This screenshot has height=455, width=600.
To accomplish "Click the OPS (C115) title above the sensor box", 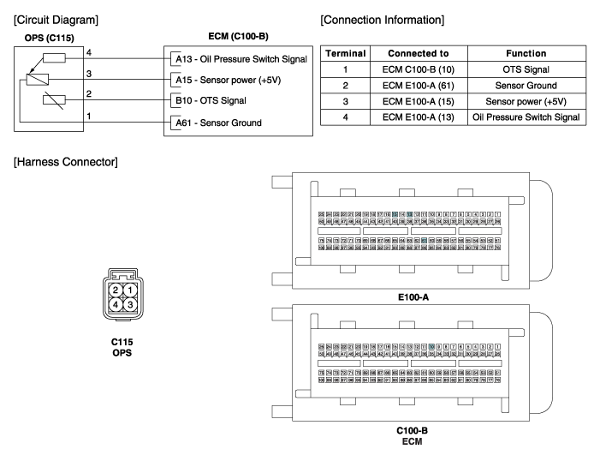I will [x=40, y=39].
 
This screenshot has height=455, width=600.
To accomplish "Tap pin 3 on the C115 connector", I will [x=129, y=303].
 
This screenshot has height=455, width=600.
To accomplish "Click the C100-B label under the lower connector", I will [x=412, y=431].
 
